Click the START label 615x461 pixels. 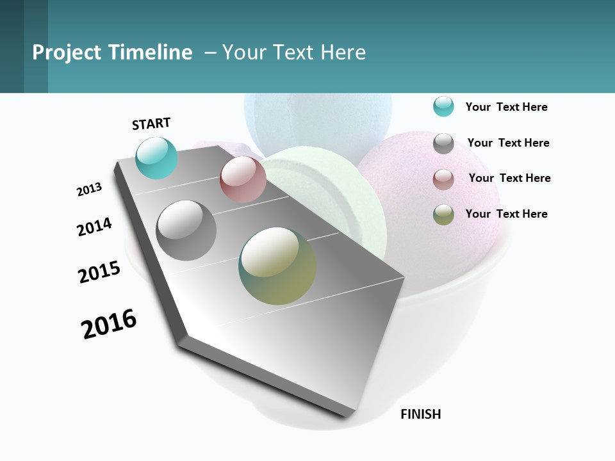151,124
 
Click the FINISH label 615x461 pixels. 420,414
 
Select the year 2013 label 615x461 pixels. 89,190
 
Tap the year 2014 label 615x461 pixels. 94,227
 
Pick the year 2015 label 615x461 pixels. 99,272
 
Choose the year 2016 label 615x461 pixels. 109,324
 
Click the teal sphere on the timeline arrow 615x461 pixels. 156,158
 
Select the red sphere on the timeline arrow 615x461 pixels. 243,179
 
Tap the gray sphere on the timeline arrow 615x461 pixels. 186,230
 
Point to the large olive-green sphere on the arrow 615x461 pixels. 277,266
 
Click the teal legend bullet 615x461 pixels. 443,107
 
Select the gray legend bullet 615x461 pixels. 443,143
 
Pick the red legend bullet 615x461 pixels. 443,179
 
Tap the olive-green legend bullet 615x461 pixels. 443,214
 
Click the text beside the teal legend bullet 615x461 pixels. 506,107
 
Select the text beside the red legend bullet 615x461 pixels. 509,178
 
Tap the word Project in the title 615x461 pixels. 67,53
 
